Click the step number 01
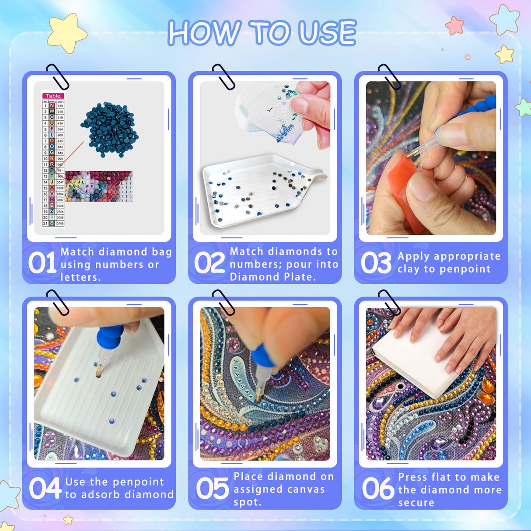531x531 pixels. (x=42, y=263)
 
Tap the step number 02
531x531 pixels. (x=209, y=263)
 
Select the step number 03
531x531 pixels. (x=376, y=263)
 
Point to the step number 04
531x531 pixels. (x=45, y=489)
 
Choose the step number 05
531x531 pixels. (x=212, y=489)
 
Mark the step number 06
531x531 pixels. (x=378, y=489)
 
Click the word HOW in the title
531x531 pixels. (x=204, y=33)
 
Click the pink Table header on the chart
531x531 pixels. (x=53, y=96)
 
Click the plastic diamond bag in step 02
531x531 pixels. (x=267, y=112)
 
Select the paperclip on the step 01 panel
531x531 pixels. (x=58, y=77)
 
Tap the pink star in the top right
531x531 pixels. (x=455, y=25)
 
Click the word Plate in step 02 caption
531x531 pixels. (x=299, y=277)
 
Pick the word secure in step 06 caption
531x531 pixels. (x=416, y=503)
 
